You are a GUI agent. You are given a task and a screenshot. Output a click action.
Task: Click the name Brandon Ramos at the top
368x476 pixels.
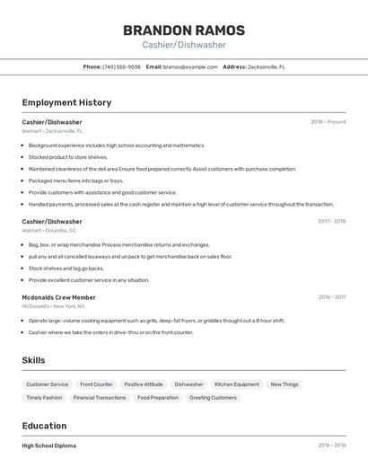[x=183, y=31]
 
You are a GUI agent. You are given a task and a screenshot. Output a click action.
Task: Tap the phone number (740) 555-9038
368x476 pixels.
[x=121, y=66]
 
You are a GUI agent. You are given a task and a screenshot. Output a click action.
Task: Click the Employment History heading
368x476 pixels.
[x=66, y=102]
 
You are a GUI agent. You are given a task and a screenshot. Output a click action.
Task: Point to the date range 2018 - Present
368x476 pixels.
[x=328, y=122]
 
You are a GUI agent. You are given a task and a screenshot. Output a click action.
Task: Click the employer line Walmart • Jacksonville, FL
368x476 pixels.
[x=52, y=131]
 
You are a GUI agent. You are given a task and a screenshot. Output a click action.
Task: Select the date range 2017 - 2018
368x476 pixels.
[x=331, y=221]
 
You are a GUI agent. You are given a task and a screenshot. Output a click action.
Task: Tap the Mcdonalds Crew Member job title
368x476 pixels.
[x=58, y=297]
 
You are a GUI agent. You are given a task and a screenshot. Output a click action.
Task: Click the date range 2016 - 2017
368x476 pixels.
[x=331, y=297]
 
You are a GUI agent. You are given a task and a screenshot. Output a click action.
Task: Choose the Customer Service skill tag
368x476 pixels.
[x=47, y=384]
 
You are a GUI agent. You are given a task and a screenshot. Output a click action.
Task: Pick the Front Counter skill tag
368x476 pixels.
[x=96, y=384]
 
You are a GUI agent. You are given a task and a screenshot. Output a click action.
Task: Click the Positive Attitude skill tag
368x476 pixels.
[x=144, y=384]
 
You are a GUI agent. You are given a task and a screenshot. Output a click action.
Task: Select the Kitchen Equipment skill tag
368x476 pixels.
[x=237, y=384]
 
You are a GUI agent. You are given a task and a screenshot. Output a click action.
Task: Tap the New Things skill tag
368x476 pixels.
[x=285, y=384]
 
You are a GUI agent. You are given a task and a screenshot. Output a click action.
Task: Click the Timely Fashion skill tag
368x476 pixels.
[x=44, y=397]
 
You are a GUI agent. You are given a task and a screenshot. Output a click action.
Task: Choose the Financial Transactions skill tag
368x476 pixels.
[x=100, y=397]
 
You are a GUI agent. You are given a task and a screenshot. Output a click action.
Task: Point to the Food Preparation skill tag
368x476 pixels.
[x=158, y=397]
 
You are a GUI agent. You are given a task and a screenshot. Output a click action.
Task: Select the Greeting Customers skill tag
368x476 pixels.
[x=213, y=397]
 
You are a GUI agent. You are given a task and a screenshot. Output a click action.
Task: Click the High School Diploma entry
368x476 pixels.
[x=49, y=445]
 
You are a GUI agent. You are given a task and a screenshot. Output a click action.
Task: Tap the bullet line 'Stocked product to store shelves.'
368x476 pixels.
[x=67, y=156]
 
